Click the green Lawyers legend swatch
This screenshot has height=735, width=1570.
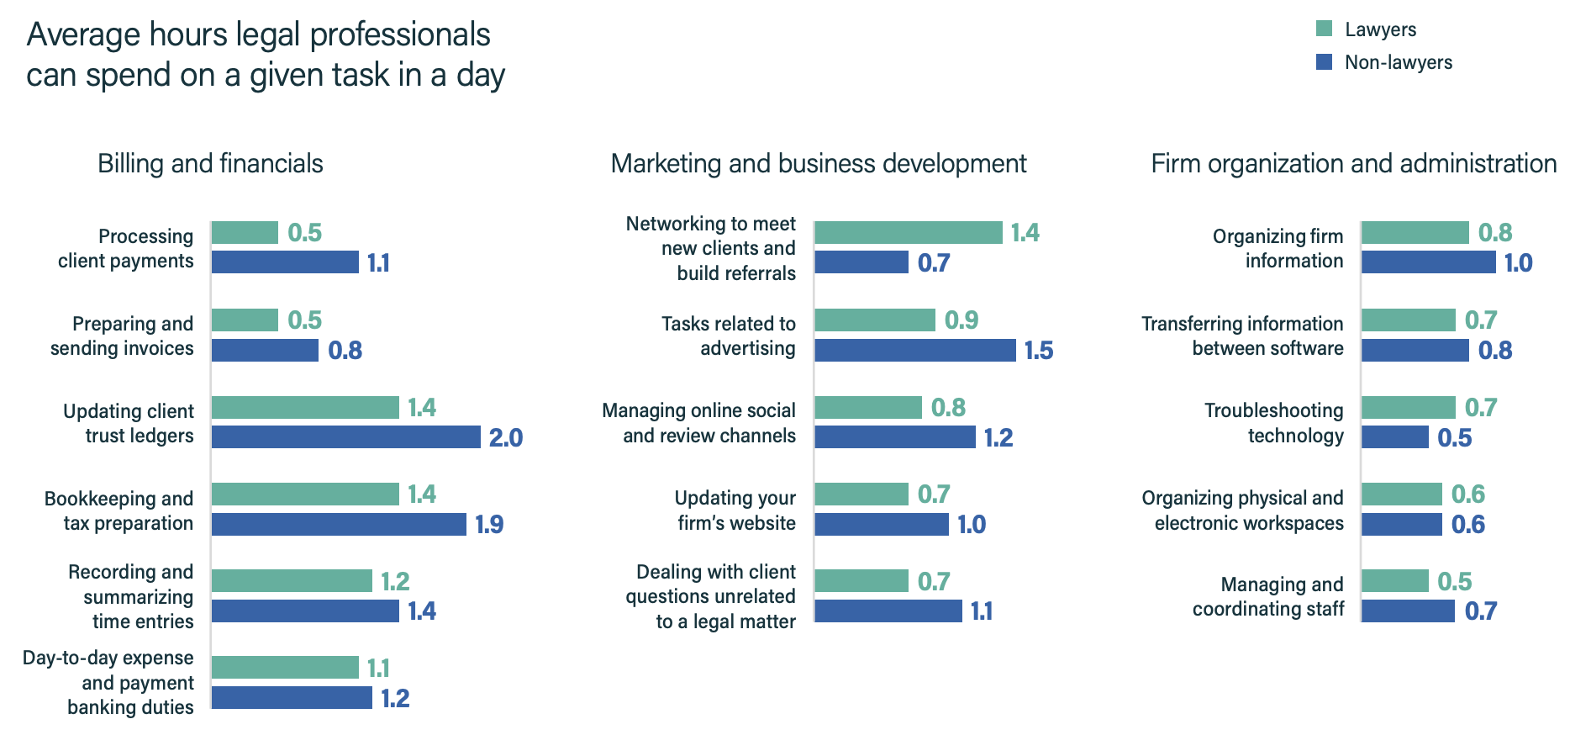click(x=1324, y=29)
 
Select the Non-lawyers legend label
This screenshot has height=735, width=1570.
click(x=1398, y=62)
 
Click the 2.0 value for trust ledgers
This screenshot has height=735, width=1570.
click(x=505, y=437)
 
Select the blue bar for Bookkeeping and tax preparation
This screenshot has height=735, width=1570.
click(x=339, y=524)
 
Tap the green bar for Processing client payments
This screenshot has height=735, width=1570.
click(x=245, y=233)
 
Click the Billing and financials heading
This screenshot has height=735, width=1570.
click(x=210, y=163)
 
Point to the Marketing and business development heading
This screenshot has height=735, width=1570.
click(x=818, y=163)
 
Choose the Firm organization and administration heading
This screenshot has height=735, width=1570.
click(x=1353, y=163)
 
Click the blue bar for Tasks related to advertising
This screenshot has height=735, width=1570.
click(x=914, y=350)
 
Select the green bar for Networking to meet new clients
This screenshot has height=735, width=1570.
click(x=908, y=233)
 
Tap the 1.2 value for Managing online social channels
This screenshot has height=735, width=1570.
click(x=998, y=437)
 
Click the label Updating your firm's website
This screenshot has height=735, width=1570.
click(x=735, y=510)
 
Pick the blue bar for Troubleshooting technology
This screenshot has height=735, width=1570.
click(x=1394, y=437)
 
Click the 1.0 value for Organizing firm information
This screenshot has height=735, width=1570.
click(x=1518, y=263)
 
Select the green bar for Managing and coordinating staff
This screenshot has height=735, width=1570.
click(x=1394, y=581)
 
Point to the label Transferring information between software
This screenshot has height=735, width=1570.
click(x=1242, y=336)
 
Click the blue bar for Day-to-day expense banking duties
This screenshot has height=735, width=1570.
click(x=292, y=698)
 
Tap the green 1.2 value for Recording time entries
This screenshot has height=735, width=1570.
click(x=395, y=581)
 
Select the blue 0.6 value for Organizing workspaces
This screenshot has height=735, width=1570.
click(x=1467, y=525)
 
